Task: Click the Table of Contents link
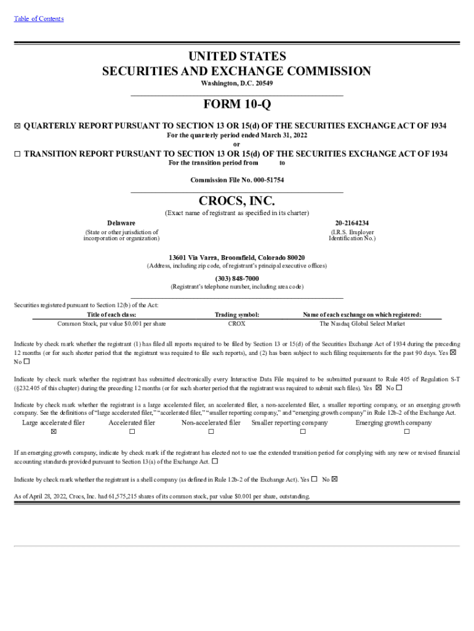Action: (38, 18)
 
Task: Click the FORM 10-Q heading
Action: (237, 105)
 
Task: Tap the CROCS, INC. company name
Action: (237, 202)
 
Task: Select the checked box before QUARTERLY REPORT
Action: (17, 126)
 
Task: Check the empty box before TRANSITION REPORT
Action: (17, 154)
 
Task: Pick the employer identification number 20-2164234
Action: (352, 222)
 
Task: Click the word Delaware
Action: (121, 222)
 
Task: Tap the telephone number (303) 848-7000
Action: (237, 279)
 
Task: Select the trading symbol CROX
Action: (237, 323)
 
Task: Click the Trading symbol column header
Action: (237, 314)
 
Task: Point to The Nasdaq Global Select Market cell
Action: (362, 323)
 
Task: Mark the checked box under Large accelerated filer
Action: (54, 432)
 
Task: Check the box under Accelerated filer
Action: (132, 432)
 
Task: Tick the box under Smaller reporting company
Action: (302, 432)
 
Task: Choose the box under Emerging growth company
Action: (406, 432)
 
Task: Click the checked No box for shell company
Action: (335, 479)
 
